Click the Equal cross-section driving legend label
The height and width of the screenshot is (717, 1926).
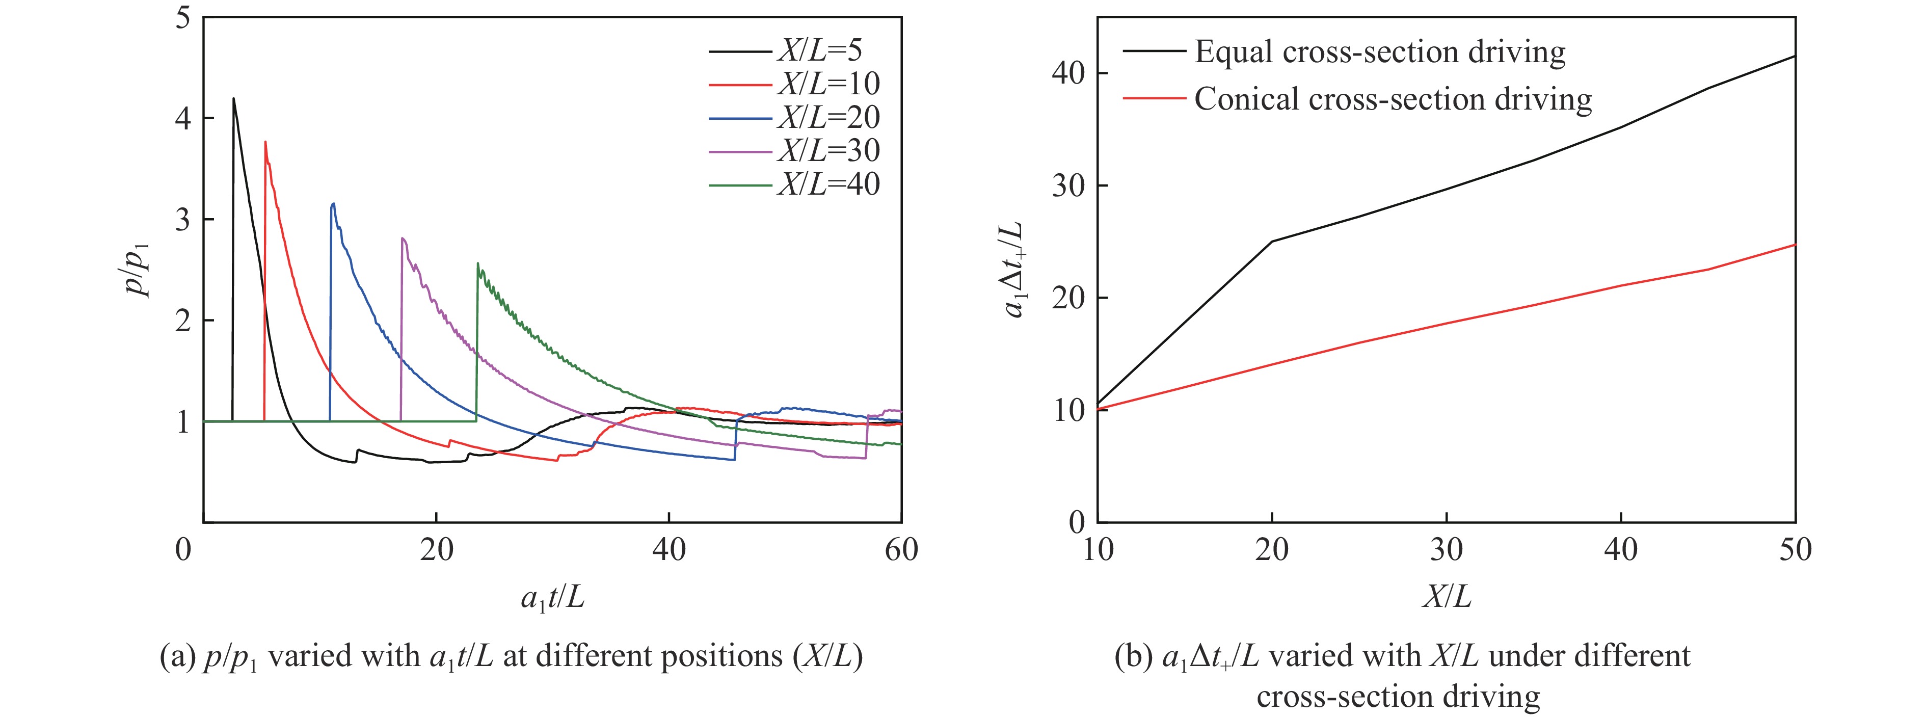point(1379,51)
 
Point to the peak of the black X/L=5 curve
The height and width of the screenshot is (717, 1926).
point(234,98)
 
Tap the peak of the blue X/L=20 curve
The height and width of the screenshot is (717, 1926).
point(333,203)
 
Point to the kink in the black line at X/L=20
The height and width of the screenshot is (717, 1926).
point(1272,242)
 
